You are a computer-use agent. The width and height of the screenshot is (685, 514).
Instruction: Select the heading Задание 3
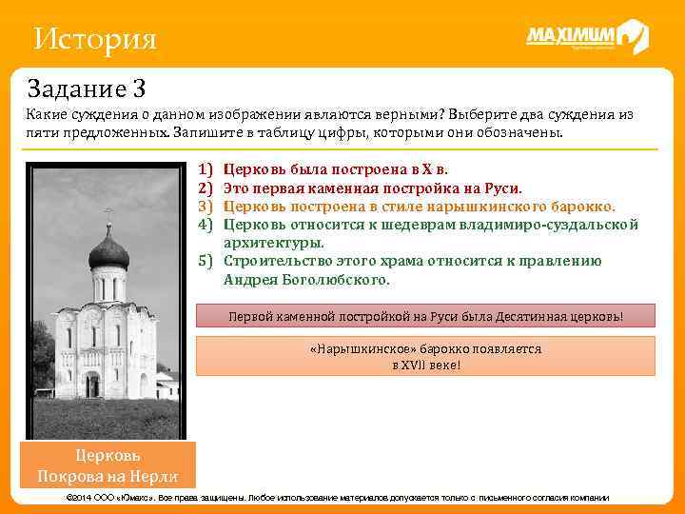point(87,89)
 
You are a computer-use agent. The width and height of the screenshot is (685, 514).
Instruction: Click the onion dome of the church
point(108,252)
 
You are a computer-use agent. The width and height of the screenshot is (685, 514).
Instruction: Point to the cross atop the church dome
point(108,213)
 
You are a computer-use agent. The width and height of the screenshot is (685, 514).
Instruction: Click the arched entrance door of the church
point(92,385)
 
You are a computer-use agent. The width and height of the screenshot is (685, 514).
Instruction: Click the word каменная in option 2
point(349,188)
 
